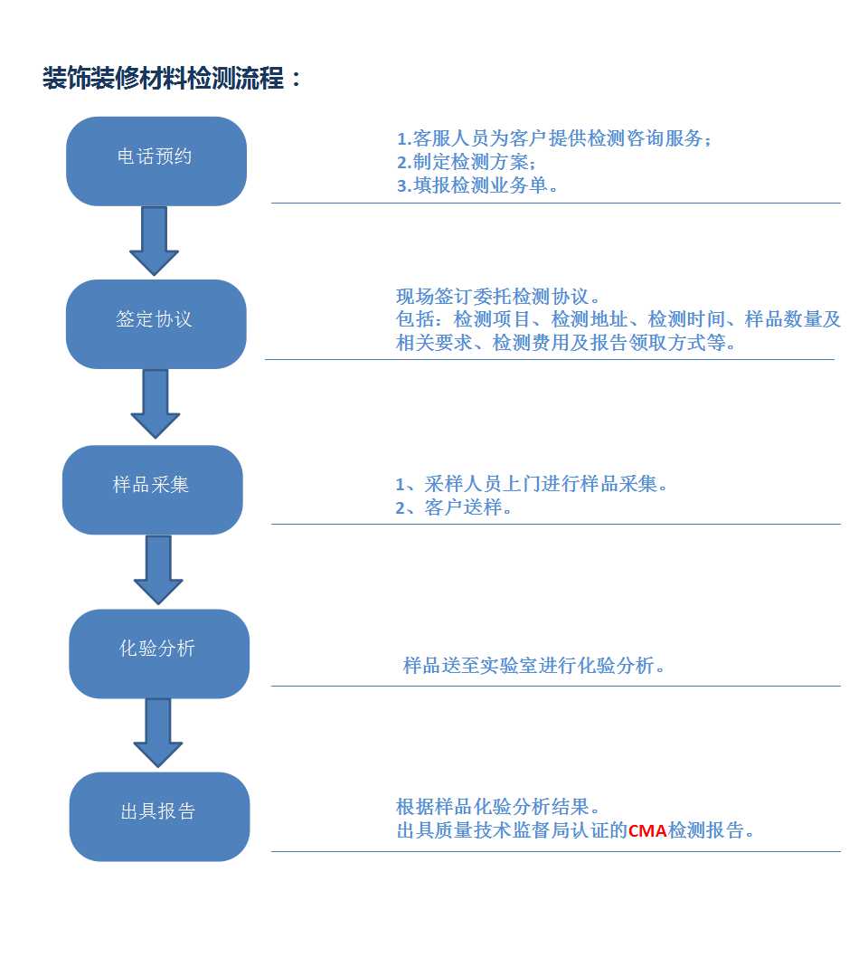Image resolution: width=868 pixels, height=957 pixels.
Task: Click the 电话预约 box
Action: [x=156, y=161]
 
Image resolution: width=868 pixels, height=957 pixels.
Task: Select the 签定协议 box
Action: [x=156, y=324]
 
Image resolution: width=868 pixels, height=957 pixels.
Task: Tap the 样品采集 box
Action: [x=153, y=490]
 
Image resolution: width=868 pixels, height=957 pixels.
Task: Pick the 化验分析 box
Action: [x=159, y=654]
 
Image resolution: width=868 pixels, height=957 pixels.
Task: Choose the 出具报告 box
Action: [x=160, y=817]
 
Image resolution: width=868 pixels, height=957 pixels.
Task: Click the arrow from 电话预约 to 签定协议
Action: [x=155, y=241]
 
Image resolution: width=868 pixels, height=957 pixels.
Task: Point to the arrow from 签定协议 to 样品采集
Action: [x=156, y=404]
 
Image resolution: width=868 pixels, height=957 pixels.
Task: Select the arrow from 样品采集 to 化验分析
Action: [x=158, y=570]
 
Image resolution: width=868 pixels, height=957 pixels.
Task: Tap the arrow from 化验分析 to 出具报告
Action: [x=158, y=733]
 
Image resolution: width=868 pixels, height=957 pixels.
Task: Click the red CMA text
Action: [x=647, y=830]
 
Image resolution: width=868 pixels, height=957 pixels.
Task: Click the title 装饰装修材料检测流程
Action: [x=164, y=78]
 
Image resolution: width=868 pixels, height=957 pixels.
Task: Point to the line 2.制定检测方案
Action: [x=467, y=162]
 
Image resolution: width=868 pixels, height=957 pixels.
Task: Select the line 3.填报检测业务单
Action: [x=477, y=185]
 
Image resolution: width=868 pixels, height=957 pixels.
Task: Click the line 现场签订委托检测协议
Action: [x=497, y=297]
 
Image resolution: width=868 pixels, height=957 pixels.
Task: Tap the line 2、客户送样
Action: [x=453, y=507]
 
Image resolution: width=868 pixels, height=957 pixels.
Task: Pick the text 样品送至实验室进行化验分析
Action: [x=533, y=665]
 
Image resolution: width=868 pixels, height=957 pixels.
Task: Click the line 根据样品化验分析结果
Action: [x=497, y=807]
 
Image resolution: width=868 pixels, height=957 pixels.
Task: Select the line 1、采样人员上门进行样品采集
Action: [x=532, y=484]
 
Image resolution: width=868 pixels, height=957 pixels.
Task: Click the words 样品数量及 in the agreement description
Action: [x=793, y=319]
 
